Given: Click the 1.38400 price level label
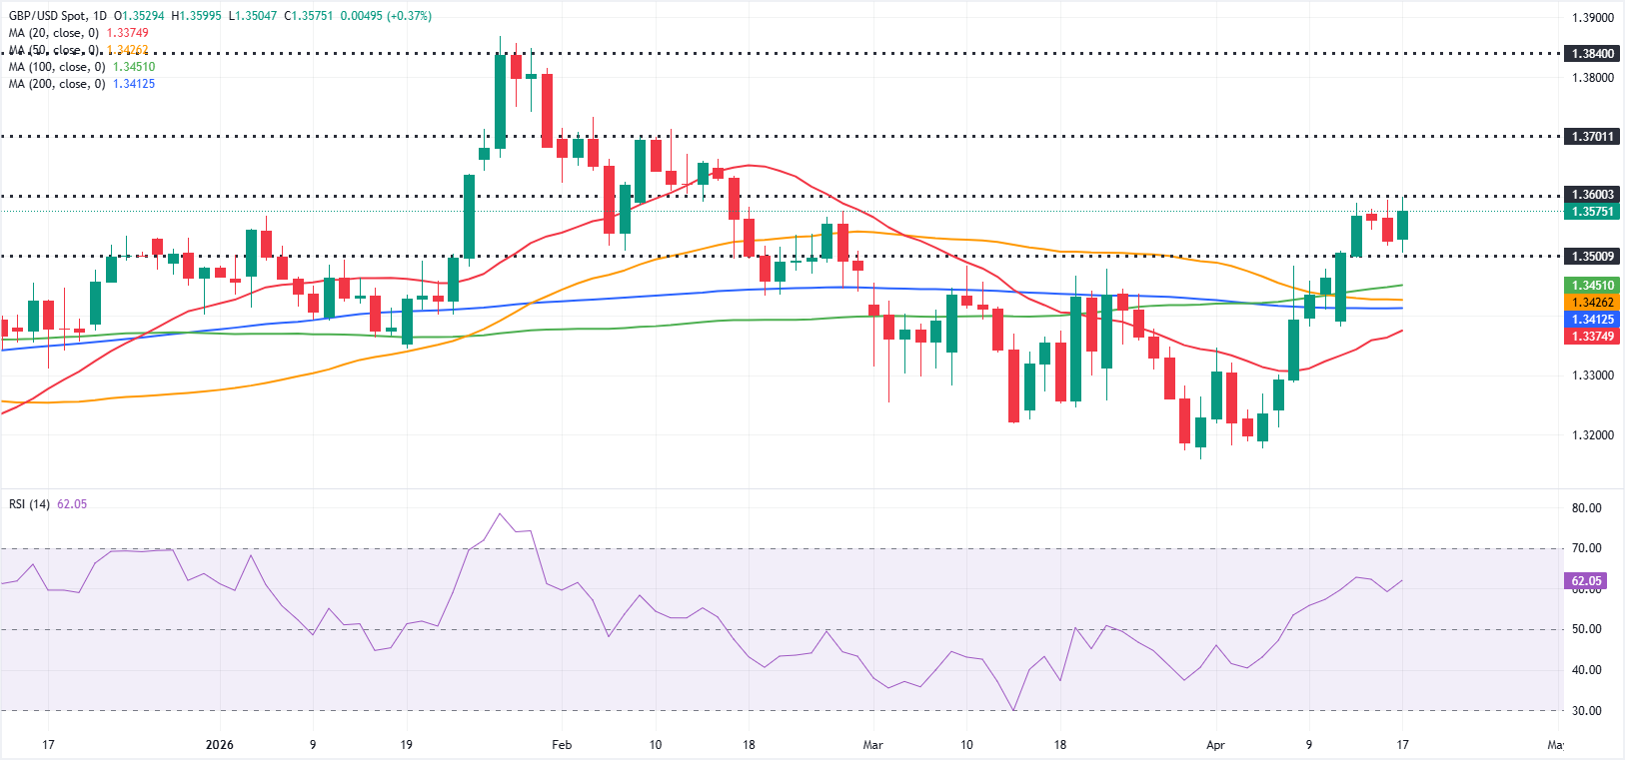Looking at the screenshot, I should click(x=1592, y=54).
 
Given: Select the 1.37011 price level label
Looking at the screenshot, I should click(x=1592, y=136).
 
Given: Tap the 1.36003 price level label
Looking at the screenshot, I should click(x=1592, y=195).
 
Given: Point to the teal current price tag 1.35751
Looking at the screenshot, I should click(x=1592, y=212).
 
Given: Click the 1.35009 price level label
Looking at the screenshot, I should click(x=1592, y=257).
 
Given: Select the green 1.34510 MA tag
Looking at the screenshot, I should click(x=1592, y=286).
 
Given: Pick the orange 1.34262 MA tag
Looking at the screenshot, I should click(x=1592, y=303).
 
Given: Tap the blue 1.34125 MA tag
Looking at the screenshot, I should click(x=1592, y=320).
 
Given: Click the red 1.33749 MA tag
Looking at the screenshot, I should click(x=1592, y=337).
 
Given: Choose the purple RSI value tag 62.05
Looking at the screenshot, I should click(x=1586, y=580).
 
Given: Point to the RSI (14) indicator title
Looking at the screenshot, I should click(x=29, y=504).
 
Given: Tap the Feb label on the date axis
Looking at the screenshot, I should click(x=562, y=745).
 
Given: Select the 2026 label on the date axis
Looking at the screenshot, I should click(x=219, y=745).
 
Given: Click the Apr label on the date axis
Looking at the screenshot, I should click(x=1215, y=745).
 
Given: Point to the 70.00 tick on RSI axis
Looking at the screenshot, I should click(x=1586, y=548).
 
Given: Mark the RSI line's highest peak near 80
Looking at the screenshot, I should click(x=500, y=514).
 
